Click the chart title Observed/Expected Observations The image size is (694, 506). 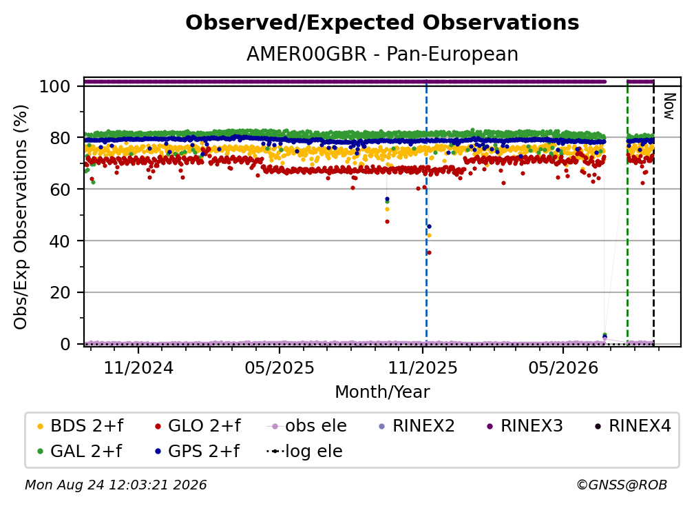(x=382, y=23)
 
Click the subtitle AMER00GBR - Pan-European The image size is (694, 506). (x=382, y=54)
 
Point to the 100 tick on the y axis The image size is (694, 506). (x=55, y=86)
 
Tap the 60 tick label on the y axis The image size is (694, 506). (x=60, y=189)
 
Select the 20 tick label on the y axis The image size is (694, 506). (x=60, y=292)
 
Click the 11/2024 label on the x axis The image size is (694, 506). (x=138, y=367)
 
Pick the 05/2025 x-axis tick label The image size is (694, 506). (x=280, y=367)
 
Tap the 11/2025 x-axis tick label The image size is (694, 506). (x=423, y=367)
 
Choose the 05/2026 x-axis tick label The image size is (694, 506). (x=563, y=367)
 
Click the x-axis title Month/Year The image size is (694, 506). (x=382, y=392)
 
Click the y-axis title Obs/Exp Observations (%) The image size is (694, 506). (x=21, y=217)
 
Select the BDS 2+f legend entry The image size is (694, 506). (x=80, y=426)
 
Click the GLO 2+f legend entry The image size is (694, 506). (x=198, y=426)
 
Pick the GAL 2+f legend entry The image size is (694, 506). (x=80, y=452)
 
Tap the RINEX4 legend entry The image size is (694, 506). (x=633, y=426)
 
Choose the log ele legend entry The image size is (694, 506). (x=304, y=452)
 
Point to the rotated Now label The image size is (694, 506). (x=669, y=106)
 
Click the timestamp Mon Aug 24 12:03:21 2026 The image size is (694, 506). (x=116, y=485)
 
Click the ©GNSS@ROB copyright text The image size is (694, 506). (x=622, y=485)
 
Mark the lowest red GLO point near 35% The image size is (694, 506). (x=429, y=253)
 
